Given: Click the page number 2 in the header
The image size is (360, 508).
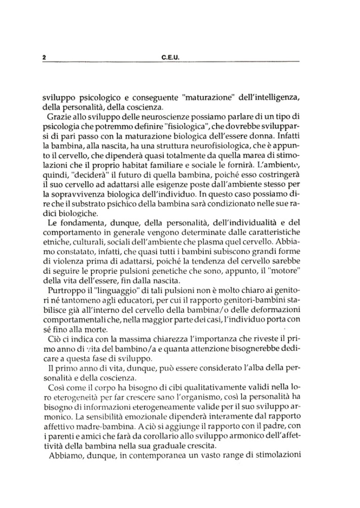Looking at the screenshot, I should click(44, 58).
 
